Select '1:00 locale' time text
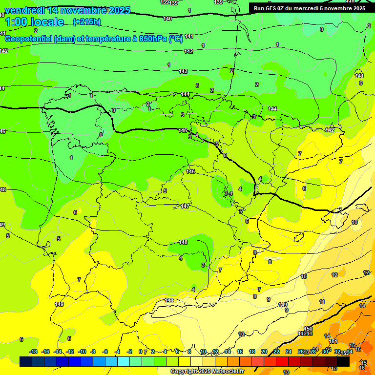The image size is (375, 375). (x=35, y=22)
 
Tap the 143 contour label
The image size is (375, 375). (x=183, y=72)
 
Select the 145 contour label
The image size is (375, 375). (x=183, y=130)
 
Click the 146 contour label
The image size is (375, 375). (x=190, y=171)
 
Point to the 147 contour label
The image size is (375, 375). (x=185, y=207)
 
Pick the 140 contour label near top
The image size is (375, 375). (x=167, y=19)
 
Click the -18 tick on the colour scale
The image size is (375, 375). (x=33, y=352)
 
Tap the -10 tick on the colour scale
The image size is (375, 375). (x=82, y=352)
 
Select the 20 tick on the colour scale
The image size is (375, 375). (x=264, y=352)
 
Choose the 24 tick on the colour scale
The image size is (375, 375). (x=288, y=352)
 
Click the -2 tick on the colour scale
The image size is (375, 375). (x=130, y=352)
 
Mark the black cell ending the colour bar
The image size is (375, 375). (x=343, y=361)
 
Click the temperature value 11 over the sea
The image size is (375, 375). (x=322, y=302)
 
